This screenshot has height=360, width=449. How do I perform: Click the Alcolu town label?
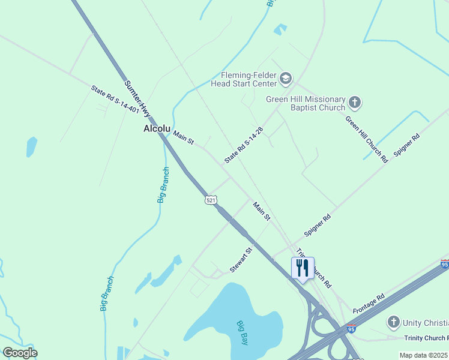[158, 128]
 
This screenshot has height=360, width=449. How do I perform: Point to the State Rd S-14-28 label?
[244, 145]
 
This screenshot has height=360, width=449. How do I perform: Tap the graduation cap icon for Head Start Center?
[286, 78]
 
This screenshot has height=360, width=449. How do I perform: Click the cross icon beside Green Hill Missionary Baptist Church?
[354, 103]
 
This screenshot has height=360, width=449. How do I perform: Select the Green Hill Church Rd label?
[366, 139]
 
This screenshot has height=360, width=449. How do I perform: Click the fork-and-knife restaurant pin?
[303, 268]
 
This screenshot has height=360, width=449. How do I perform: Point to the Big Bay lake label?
[243, 332]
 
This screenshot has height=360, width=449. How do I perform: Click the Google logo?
[20, 353]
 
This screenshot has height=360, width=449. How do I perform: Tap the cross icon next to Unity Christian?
[393, 322]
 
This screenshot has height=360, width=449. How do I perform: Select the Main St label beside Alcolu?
[184, 137]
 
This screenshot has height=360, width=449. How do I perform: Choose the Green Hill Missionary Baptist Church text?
[306, 103]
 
